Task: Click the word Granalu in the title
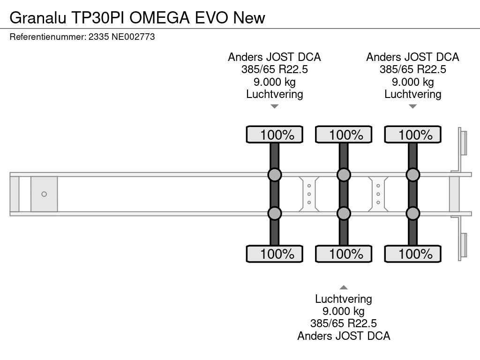pyautogui.click(x=38, y=18)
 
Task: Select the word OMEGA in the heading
pyautogui.click(x=159, y=18)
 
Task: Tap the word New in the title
pyautogui.click(x=249, y=18)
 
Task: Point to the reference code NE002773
pyautogui.click(x=133, y=37)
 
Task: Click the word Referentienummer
pyautogui.click(x=47, y=37)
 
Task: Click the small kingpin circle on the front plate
pyautogui.click(x=44, y=194)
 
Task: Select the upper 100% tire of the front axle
pyautogui.click(x=275, y=135)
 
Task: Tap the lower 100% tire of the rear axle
pyautogui.click(x=412, y=254)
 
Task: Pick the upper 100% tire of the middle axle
pyautogui.click(x=344, y=135)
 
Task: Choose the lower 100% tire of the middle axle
pyautogui.click(x=344, y=254)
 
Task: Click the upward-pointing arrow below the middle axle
pyautogui.click(x=344, y=287)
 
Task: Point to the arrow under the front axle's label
pyautogui.click(x=275, y=106)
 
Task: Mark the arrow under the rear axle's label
pyautogui.click(x=412, y=106)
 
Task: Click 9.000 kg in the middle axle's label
pyautogui.click(x=344, y=311)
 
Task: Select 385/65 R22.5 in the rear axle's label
pyautogui.click(x=412, y=69)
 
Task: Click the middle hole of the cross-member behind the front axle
pyautogui.click(x=309, y=194)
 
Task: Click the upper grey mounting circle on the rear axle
pyautogui.click(x=412, y=175)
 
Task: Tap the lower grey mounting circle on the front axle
pyautogui.click(x=275, y=213)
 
